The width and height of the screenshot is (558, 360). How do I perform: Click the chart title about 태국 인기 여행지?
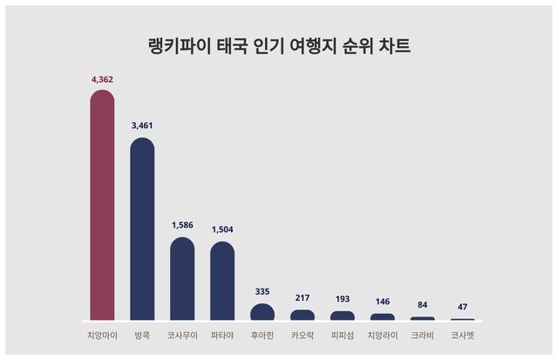point(279,46)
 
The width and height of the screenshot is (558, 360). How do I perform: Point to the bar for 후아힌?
point(262,311)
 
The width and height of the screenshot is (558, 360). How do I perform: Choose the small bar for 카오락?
point(303,315)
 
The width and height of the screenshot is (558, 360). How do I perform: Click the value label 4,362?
point(102,79)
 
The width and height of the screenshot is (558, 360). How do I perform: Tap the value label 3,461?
point(142,126)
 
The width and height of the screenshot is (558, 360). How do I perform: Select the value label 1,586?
point(182,225)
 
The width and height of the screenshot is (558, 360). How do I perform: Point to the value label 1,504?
point(222,229)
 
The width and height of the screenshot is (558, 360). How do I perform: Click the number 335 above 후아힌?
point(262,291)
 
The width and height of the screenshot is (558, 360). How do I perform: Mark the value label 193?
point(343,299)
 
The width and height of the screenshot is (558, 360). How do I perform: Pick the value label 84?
point(423,304)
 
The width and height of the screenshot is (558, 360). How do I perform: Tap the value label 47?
point(463,307)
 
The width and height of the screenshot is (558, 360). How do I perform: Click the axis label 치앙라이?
point(383,334)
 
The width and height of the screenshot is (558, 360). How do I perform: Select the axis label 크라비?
point(423,334)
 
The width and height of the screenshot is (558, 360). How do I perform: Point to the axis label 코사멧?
point(463,334)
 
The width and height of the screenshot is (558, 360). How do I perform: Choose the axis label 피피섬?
point(343,334)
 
